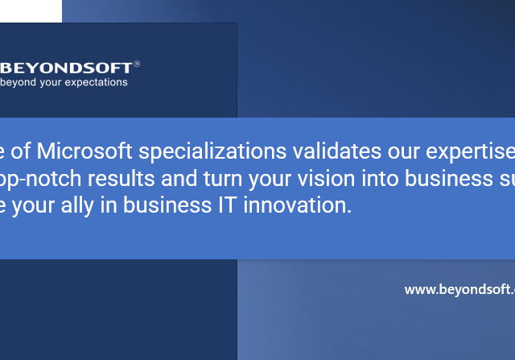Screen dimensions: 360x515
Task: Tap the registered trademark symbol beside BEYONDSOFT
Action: [137, 62]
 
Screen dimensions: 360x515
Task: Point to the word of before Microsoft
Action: [22, 151]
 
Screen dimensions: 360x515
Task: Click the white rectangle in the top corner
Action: [31, 10]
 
